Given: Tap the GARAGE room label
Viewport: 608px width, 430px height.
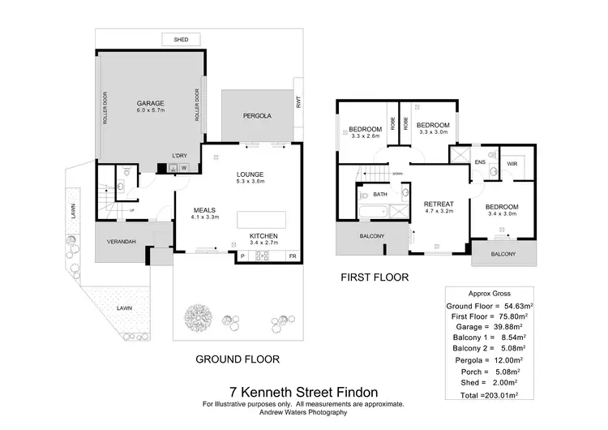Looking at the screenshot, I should [x=150, y=104].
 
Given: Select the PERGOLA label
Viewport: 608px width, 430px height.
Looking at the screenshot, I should [x=257, y=116].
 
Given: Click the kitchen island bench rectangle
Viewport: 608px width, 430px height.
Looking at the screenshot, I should [x=260, y=220].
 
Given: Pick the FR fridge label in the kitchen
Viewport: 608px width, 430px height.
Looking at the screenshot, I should [x=293, y=256].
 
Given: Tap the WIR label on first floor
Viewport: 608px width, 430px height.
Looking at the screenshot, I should [x=512, y=162].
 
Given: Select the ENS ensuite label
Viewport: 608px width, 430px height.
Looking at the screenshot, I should [x=481, y=162].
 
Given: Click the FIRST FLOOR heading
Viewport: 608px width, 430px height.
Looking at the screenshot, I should [x=375, y=277].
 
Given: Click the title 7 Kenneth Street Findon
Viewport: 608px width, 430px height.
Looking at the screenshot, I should [x=302, y=389].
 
